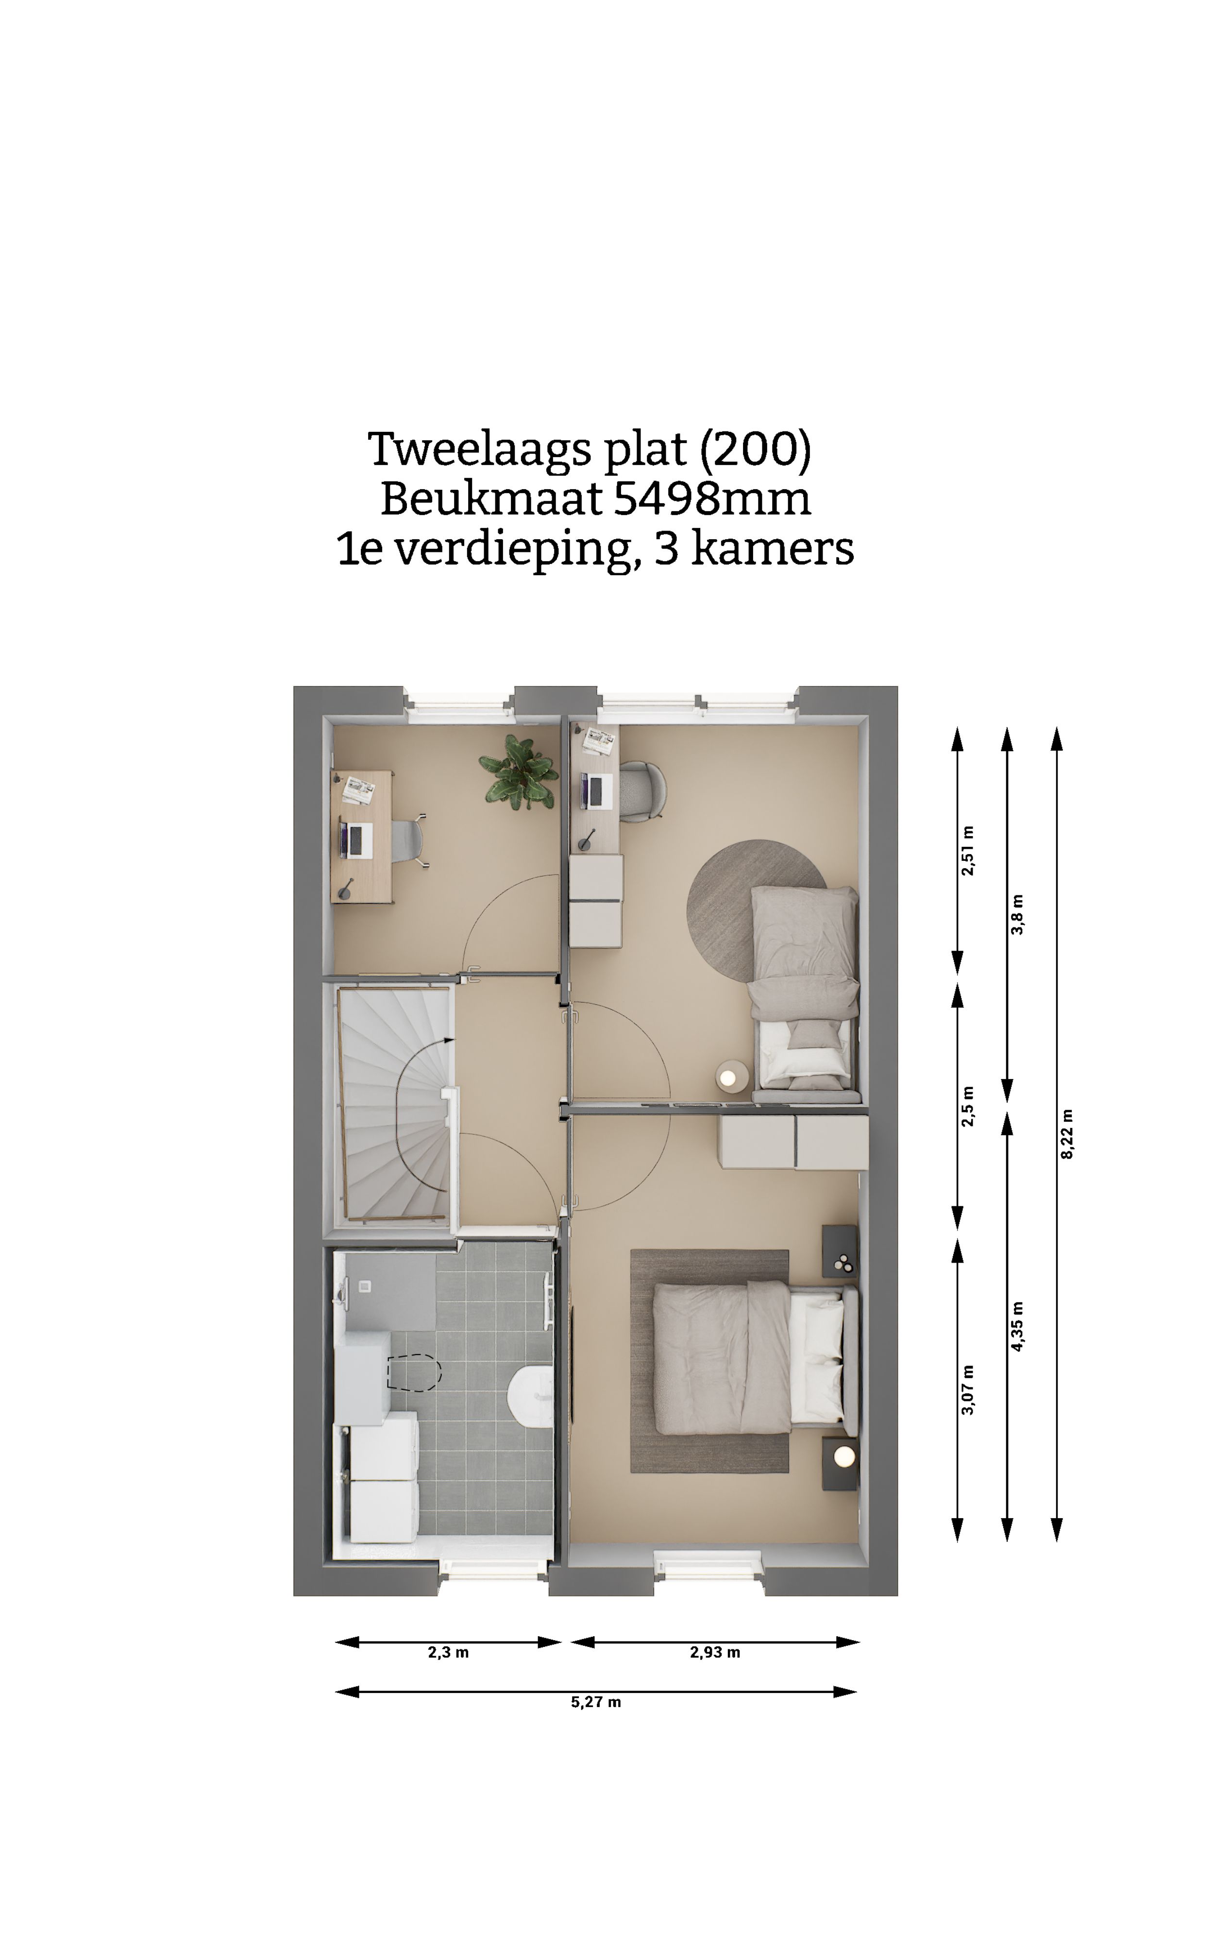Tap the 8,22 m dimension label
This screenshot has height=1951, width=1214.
(1066, 1134)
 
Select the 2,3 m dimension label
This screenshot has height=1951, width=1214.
(448, 1652)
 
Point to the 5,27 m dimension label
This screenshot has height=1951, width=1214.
(596, 1702)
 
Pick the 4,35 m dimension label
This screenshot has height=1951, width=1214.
(1017, 1326)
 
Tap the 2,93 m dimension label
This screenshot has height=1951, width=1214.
(715, 1652)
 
